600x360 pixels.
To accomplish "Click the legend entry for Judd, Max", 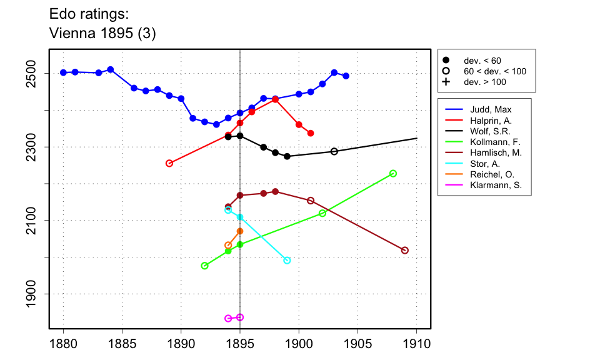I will [x=490, y=110].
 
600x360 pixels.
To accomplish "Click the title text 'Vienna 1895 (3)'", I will [x=102, y=34].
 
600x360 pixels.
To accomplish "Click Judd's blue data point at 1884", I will [x=110, y=69].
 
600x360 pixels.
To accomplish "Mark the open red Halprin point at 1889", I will [x=169, y=163].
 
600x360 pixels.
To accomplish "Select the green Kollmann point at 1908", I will [x=393, y=173].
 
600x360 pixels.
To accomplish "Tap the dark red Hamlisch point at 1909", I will [x=405, y=250].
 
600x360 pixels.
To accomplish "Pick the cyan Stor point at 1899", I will [x=287, y=260].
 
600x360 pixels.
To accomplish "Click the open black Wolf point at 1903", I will [x=334, y=151].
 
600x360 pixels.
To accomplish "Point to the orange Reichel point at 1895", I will [x=240, y=231].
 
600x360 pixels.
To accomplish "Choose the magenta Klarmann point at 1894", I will [x=228, y=318].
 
